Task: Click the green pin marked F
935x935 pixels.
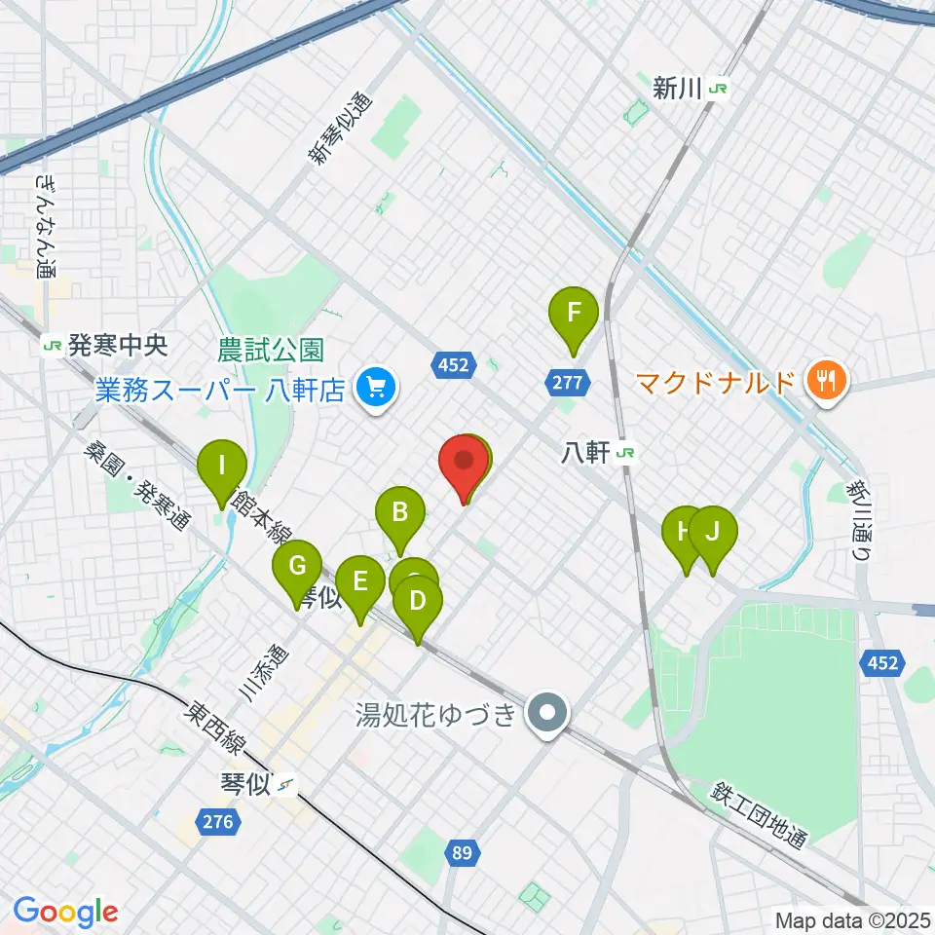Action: tap(574, 315)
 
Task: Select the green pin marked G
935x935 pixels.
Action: tap(297, 566)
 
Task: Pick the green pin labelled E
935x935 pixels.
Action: tap(359, 582)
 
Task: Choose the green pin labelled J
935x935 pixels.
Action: tap(713, 533)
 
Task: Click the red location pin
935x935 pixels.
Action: tap(464, 460)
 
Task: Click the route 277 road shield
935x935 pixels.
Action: tap(569, 384)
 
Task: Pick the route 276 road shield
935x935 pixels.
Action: tap(218, 822)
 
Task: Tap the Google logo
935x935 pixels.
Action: tap(65, 912)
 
